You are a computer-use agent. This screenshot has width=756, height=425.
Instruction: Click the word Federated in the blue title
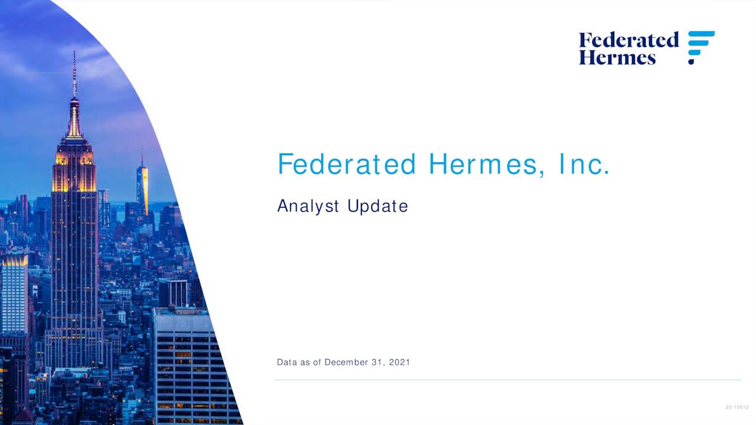(347, 164)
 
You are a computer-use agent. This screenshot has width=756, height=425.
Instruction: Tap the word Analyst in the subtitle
(308, 206)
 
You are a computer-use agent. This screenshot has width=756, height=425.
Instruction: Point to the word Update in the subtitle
(377, 206)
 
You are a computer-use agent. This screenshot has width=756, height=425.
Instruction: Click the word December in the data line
(346, 362)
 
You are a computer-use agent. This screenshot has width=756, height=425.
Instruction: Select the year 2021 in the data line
(399, 362)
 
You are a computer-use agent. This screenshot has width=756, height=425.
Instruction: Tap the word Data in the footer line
(287, 362)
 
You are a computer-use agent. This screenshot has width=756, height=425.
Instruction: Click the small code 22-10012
(737, 407)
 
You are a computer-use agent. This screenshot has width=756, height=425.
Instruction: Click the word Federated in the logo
(628, 40)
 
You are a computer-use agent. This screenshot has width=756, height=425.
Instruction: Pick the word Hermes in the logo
(617, 57)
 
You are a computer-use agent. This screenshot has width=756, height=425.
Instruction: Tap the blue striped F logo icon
(701, 47)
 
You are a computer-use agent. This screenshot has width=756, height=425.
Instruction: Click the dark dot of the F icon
(692, 61)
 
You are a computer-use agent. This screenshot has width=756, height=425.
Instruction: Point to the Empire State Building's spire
(74, 77)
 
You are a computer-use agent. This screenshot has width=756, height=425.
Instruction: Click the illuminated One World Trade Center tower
(142, 189)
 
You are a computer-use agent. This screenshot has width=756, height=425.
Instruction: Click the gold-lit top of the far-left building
(14, 260)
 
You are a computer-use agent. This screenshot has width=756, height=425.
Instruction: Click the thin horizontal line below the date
(508, 380)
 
